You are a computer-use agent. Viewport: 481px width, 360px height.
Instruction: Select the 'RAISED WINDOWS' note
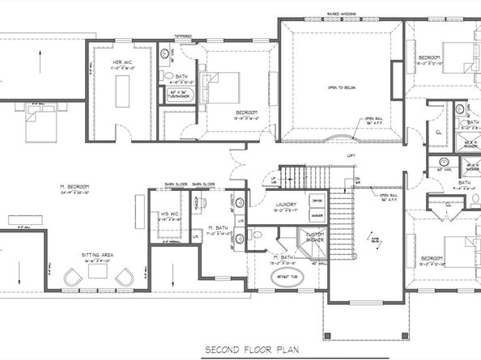coord(341,15)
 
